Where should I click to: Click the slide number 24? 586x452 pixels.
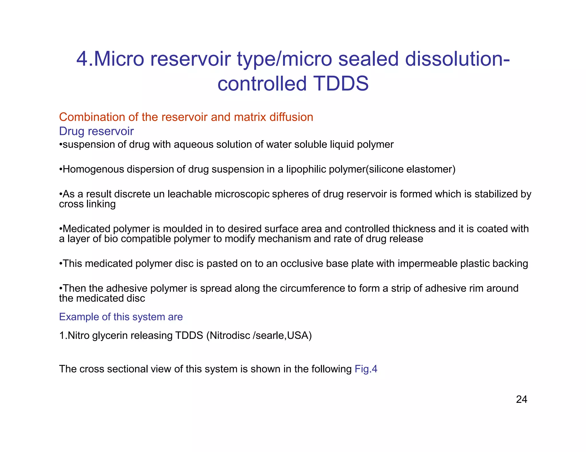point(521,399)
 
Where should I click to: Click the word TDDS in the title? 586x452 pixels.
point(341,83)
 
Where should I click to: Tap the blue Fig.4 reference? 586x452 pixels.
point(366,369)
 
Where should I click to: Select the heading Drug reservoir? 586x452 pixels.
point(96,131)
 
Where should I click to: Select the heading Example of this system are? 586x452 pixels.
point(121,317)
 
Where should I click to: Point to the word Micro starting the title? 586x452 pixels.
point(119,59)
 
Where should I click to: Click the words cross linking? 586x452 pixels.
point(87,204)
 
